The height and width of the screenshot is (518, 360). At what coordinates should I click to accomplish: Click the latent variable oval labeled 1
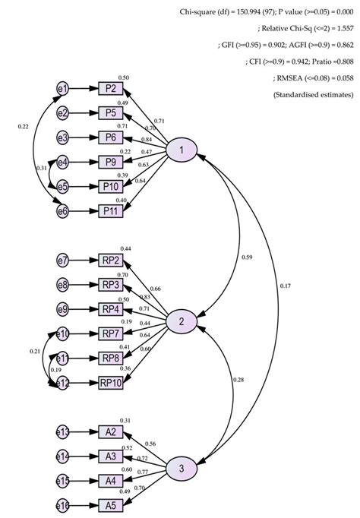[x=182, y=150]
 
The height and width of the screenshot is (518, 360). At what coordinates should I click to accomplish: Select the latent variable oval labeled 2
[x=182, y=322]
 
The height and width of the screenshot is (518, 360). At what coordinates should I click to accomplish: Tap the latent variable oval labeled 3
[x=182, y=468]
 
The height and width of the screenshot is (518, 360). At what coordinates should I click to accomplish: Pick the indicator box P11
[x=111, y=210]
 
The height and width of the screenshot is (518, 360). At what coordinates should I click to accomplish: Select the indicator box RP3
[x=111, y=285]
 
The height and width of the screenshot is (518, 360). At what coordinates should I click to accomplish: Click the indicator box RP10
[x=111, y=383]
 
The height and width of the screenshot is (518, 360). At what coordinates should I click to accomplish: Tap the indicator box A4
[x=111, y=481]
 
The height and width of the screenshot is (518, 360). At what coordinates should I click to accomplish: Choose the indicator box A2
[x=111, y=432]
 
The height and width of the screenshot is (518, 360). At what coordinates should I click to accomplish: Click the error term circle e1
[x=63, y=89]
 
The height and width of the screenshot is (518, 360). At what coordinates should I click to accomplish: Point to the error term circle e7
[x=63, y=261]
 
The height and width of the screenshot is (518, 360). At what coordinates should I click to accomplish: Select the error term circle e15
[x=63, y=481]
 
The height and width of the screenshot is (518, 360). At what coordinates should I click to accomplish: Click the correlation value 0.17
[x=284, y=286]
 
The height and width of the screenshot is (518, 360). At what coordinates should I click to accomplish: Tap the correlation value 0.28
[x=238, y=379]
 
